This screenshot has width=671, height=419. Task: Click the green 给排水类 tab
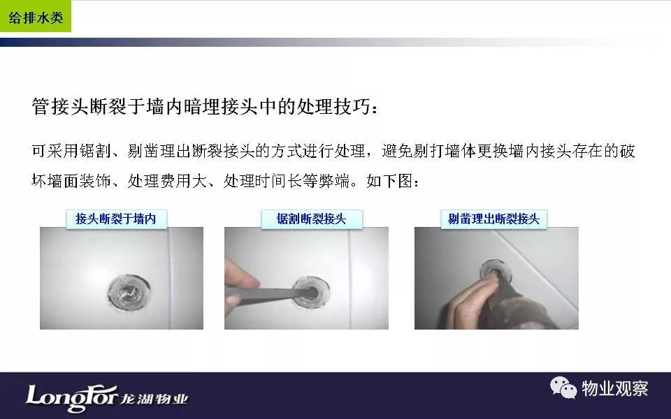36,16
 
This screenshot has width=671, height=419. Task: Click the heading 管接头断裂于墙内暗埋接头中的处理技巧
201,106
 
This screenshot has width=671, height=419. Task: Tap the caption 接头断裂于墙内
115,219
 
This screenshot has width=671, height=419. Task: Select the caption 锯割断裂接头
311,219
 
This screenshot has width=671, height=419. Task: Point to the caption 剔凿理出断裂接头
493,219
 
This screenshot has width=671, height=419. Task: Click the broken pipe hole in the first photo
129,291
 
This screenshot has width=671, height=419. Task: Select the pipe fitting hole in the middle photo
311,292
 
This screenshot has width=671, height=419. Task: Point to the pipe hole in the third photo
496,268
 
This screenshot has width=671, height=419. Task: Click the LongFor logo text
71,397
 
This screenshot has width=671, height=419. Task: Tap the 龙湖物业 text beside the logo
154,399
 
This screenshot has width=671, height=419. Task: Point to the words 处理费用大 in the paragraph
167,182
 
